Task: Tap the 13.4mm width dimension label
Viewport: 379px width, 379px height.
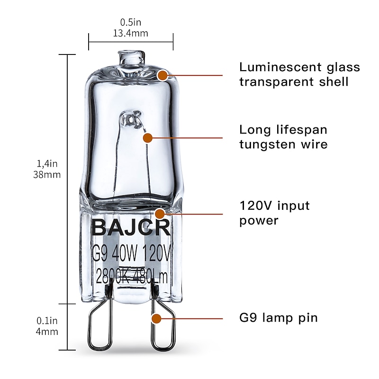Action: click(x=130, y=33)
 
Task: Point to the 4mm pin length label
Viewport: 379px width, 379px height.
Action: click(x=47, y=332)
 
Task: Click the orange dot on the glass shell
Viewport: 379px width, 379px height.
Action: click(x=163, y=75)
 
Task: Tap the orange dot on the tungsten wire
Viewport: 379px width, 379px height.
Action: click(x=148, y=138)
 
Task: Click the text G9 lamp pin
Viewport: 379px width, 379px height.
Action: click(x=278, y=317)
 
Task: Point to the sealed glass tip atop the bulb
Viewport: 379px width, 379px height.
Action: click(x=130, y=57)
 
